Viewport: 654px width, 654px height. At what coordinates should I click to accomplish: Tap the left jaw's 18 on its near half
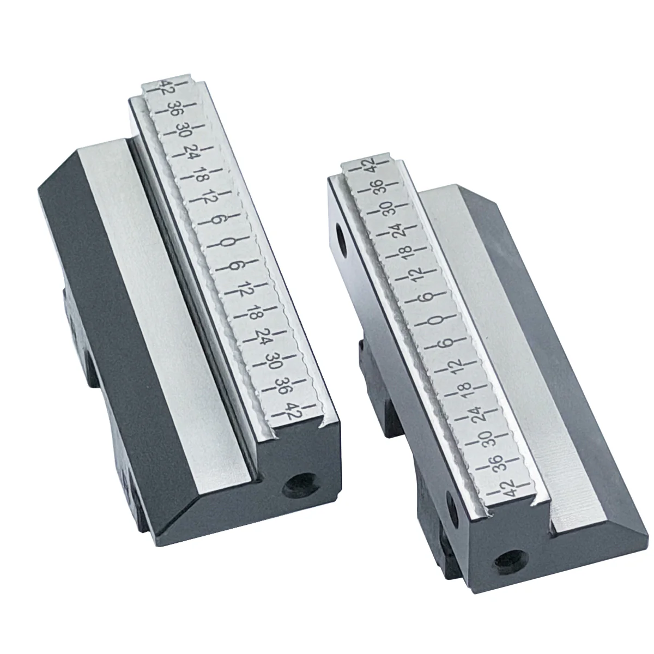coord(253,314)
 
